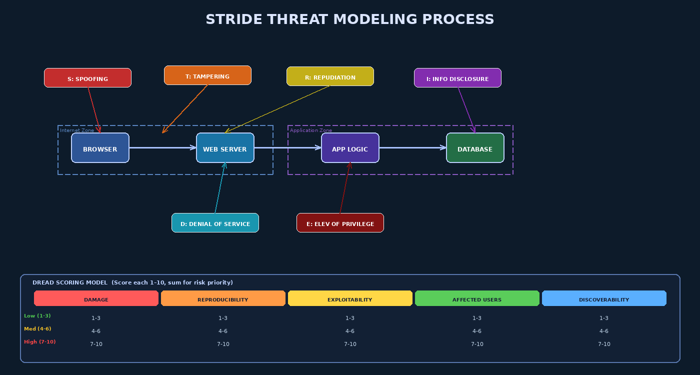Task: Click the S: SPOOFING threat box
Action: (x=87, y=78)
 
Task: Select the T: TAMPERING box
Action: (x=207, y=75)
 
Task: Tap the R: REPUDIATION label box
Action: (x=330, y=76)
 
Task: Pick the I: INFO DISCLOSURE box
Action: (x=457, y=78)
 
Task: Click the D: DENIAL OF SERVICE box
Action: (x=215, y=223)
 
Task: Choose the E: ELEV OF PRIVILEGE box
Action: (x=340, y=223)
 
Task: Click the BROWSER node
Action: (x=100, y=148)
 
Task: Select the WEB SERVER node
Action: (x=225, y=148)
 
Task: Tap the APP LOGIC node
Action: (x=350, y=148)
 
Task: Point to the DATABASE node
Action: (x=475, y=148)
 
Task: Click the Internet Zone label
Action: (x=77, y=130)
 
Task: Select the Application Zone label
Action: (x=310, y=130)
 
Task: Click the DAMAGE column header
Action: (x=96, y=299)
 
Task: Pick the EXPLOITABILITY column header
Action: (x=350, y=299)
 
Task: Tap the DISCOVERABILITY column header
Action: (x=604, y=299)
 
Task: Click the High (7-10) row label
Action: (x=40, y=342)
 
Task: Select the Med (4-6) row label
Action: (x=37, y=329)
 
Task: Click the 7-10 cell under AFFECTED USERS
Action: (x=477, y=344)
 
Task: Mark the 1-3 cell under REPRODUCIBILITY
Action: (x=223, y=318)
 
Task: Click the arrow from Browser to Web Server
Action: (x=162, y=147)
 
